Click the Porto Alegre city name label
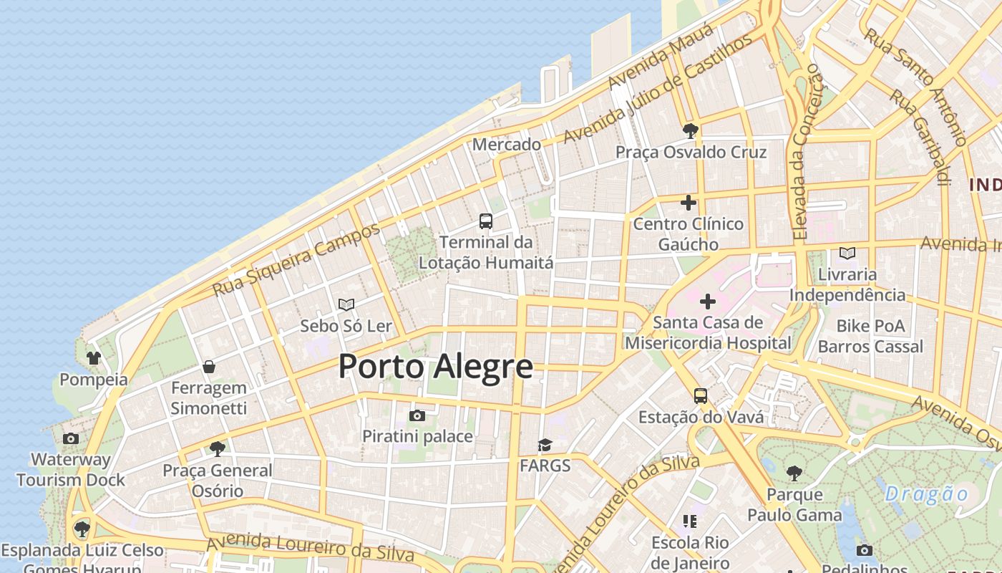[x=435, y=367]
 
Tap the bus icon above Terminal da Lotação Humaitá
[x=486, y=221]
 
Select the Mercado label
[x=507, y=144]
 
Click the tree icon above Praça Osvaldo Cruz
[x=691, y=130]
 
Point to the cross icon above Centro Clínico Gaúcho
[x=689, y=203]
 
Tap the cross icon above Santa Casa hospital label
[x=708, y=302]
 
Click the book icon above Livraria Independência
[x=847, y=253]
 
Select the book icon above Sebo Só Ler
[x=346, y=304]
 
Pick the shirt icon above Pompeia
[x=94, y=357]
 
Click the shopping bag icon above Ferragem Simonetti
[x=209, y=367]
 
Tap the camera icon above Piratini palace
[x=417, y=415]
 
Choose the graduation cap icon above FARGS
[x=545, y=445]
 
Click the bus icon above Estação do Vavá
[x=701, y=396]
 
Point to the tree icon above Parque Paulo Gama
[x=794, y=473]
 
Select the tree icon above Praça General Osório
[x=218, y=449]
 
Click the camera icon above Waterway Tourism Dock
[x=71, y=438]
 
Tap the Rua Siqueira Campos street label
[x=296, y=260]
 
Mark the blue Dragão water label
[x=926, y=494]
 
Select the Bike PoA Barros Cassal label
[x=870, y=337]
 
